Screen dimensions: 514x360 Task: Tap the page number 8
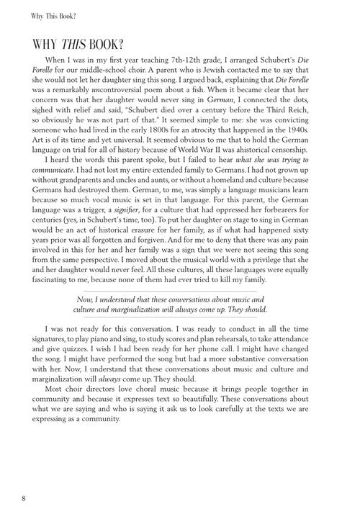pos(24,497)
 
